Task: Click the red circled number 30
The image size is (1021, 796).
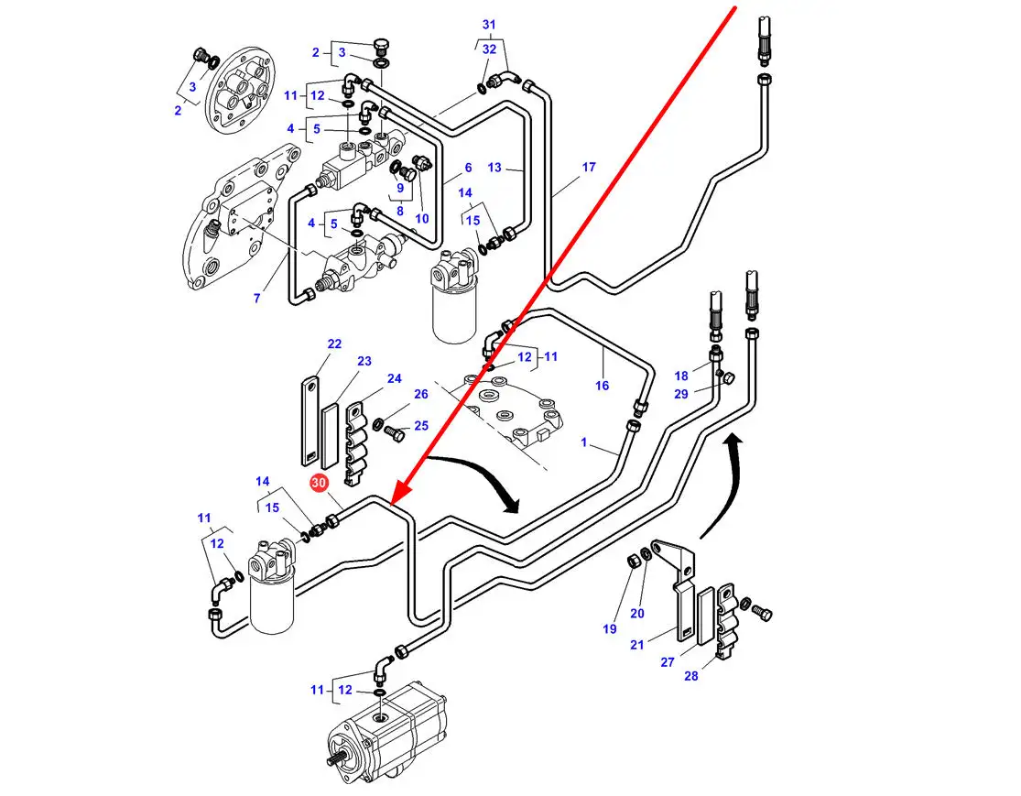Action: pyautogui.click(x=320, y=483)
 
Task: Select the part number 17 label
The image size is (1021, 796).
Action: pyautogui.click(x=589, y=167)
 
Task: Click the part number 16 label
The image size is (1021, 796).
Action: pyautogui.click(x=602, y=385)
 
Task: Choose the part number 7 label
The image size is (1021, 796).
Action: pyautogui.click(x=257, y=298)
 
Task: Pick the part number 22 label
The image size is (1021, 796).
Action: pyautogui.click(x=334, y=343)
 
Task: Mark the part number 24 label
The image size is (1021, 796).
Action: pyautogui.click(x=394, y=378)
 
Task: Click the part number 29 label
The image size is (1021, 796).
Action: pyautogui.click(x=680, y=393)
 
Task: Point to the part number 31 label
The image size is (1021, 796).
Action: pyautogui.click(x=488, y=24)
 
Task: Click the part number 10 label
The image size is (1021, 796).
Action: pyautogui.click(x=421, y=218)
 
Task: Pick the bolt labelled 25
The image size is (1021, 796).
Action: pyautogui.click(x=393, y=431)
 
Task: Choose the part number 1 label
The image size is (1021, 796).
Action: pyautogui.click(x=583, y=442)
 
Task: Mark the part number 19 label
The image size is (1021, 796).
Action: pyautogui.click(x=610, y=628)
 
